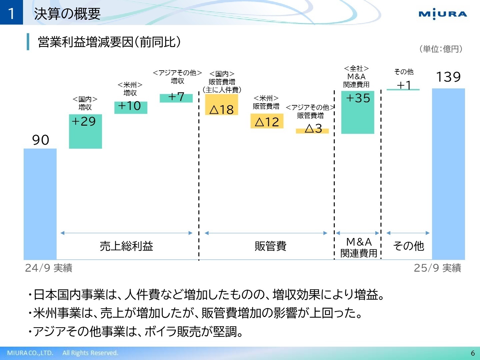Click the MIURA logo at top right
point(443,14)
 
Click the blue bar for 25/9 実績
point(448,173)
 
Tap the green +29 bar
point(85,131)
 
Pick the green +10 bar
point(131,107)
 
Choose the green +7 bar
point(176,98)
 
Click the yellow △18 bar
point(221,105)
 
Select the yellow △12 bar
point(267,121)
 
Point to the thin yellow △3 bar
point(312,131)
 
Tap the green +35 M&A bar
point(358,112)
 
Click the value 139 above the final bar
point(448,77)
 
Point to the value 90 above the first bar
point(41,140)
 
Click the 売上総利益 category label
point(126,246)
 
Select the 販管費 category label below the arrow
point(270,246)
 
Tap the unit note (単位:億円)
point(441,49)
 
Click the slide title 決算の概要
point(67,14)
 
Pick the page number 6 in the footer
point(473,353)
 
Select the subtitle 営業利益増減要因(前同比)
point(109,42)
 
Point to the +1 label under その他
point(403,85)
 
